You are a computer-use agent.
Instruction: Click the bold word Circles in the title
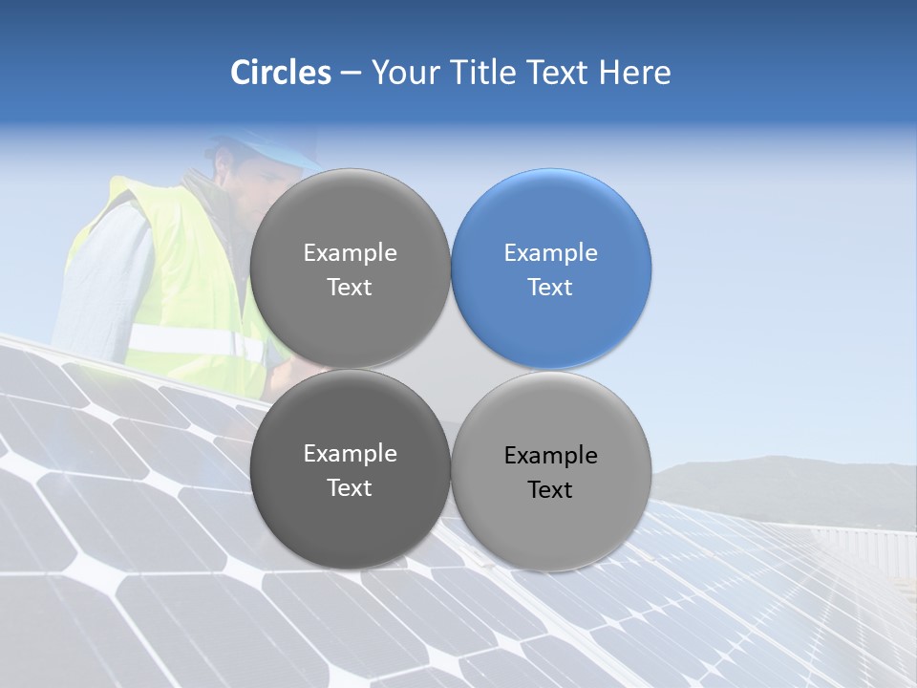[281, 73]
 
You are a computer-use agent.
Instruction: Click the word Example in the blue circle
[551, 253]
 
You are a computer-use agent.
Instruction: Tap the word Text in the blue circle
[551, 288]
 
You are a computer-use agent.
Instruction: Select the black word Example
[551, 456]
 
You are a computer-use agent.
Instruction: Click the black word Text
[551, 490]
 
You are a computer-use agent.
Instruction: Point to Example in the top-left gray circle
[350, 253]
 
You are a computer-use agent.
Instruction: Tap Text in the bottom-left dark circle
[350, 488]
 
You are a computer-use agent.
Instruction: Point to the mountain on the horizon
[783, 478]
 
